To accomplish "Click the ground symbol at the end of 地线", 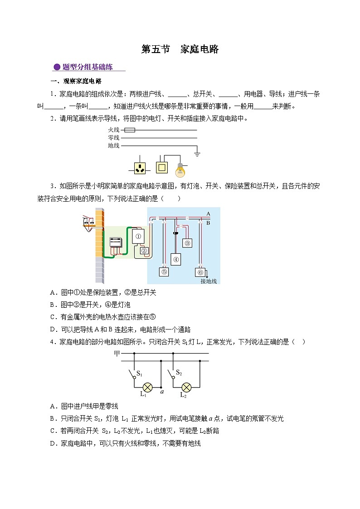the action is pos(197,154).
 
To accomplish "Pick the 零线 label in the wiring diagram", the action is pos(113,138).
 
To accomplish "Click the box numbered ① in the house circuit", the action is pos(139,236).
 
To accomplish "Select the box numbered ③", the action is pos(188,243).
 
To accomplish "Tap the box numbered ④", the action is pos(176,259).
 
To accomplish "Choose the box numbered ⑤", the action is pos(164,272).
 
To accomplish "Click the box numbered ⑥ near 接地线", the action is pos(200,272).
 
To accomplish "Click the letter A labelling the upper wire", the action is pos(208,213).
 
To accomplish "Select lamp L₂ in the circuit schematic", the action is pos(185,388).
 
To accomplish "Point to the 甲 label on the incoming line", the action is pos(117,353).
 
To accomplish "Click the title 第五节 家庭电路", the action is pos(180,49).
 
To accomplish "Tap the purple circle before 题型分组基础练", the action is pos(57,68).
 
